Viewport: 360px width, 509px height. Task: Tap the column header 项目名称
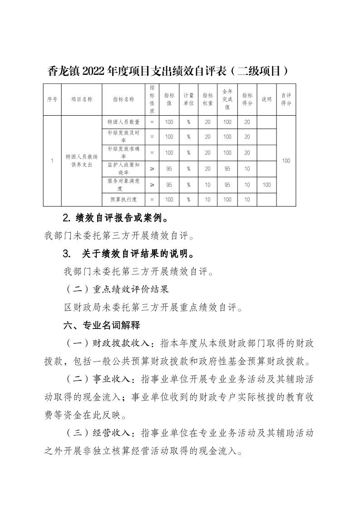coord(81,99)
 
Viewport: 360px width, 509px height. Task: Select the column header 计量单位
coord(188,99)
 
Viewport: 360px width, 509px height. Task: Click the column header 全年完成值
coord(227,99)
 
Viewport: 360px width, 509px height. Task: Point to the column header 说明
coord(266,99)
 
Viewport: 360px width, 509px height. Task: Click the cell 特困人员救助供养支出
coord(81,161)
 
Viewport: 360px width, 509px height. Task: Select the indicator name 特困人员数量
coord(123,122)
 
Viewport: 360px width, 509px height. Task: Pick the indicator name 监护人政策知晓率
coord(123,169)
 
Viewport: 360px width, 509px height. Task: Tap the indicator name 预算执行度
coord(123,200)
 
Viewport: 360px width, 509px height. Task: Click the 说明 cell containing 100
coord(266,185)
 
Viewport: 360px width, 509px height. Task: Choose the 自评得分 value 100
coord(286,161)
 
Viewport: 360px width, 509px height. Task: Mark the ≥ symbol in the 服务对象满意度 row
coord(152,185)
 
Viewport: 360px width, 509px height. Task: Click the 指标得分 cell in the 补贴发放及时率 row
coord(247,137)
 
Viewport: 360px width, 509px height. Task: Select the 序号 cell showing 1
coord(52,161)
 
